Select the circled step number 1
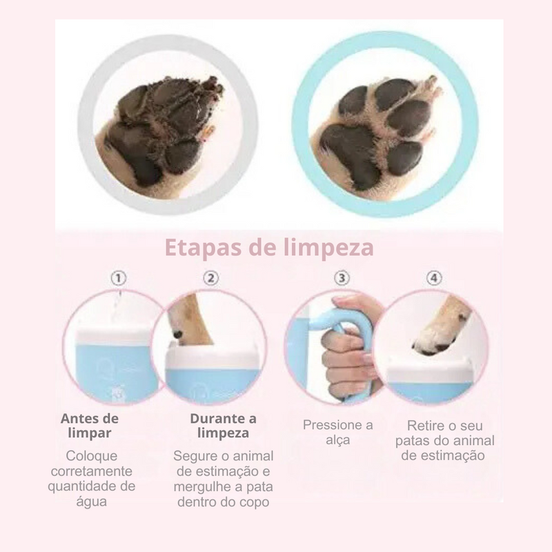click(x=119, y=278)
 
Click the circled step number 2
click(x=212, y=278)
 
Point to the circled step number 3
click(x=341, y=278)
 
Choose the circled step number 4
click(x=433, y=278)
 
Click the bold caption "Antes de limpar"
click(x=90, y=426)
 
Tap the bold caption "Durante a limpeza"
click(x=223, y=426)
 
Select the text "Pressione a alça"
click(x=338, y=432)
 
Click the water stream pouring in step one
click(x=120, y=304)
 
